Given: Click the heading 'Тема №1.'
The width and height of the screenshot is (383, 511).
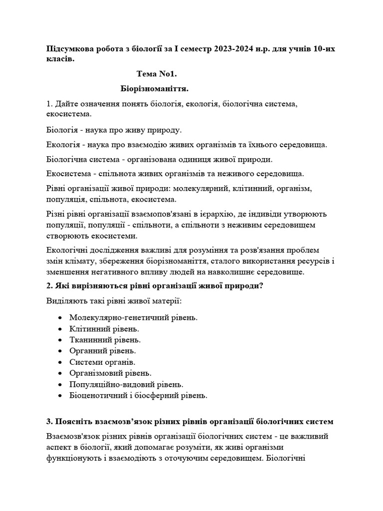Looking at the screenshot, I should tap(157, 74).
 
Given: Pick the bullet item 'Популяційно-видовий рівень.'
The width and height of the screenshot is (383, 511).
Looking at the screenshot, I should tap(127, 384).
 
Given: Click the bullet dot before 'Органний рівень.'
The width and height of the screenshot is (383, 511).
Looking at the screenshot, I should tap(60, 351).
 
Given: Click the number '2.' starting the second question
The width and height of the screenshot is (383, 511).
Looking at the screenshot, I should tap(49, 286).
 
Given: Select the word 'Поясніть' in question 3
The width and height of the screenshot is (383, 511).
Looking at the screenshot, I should tap(75, 422).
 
